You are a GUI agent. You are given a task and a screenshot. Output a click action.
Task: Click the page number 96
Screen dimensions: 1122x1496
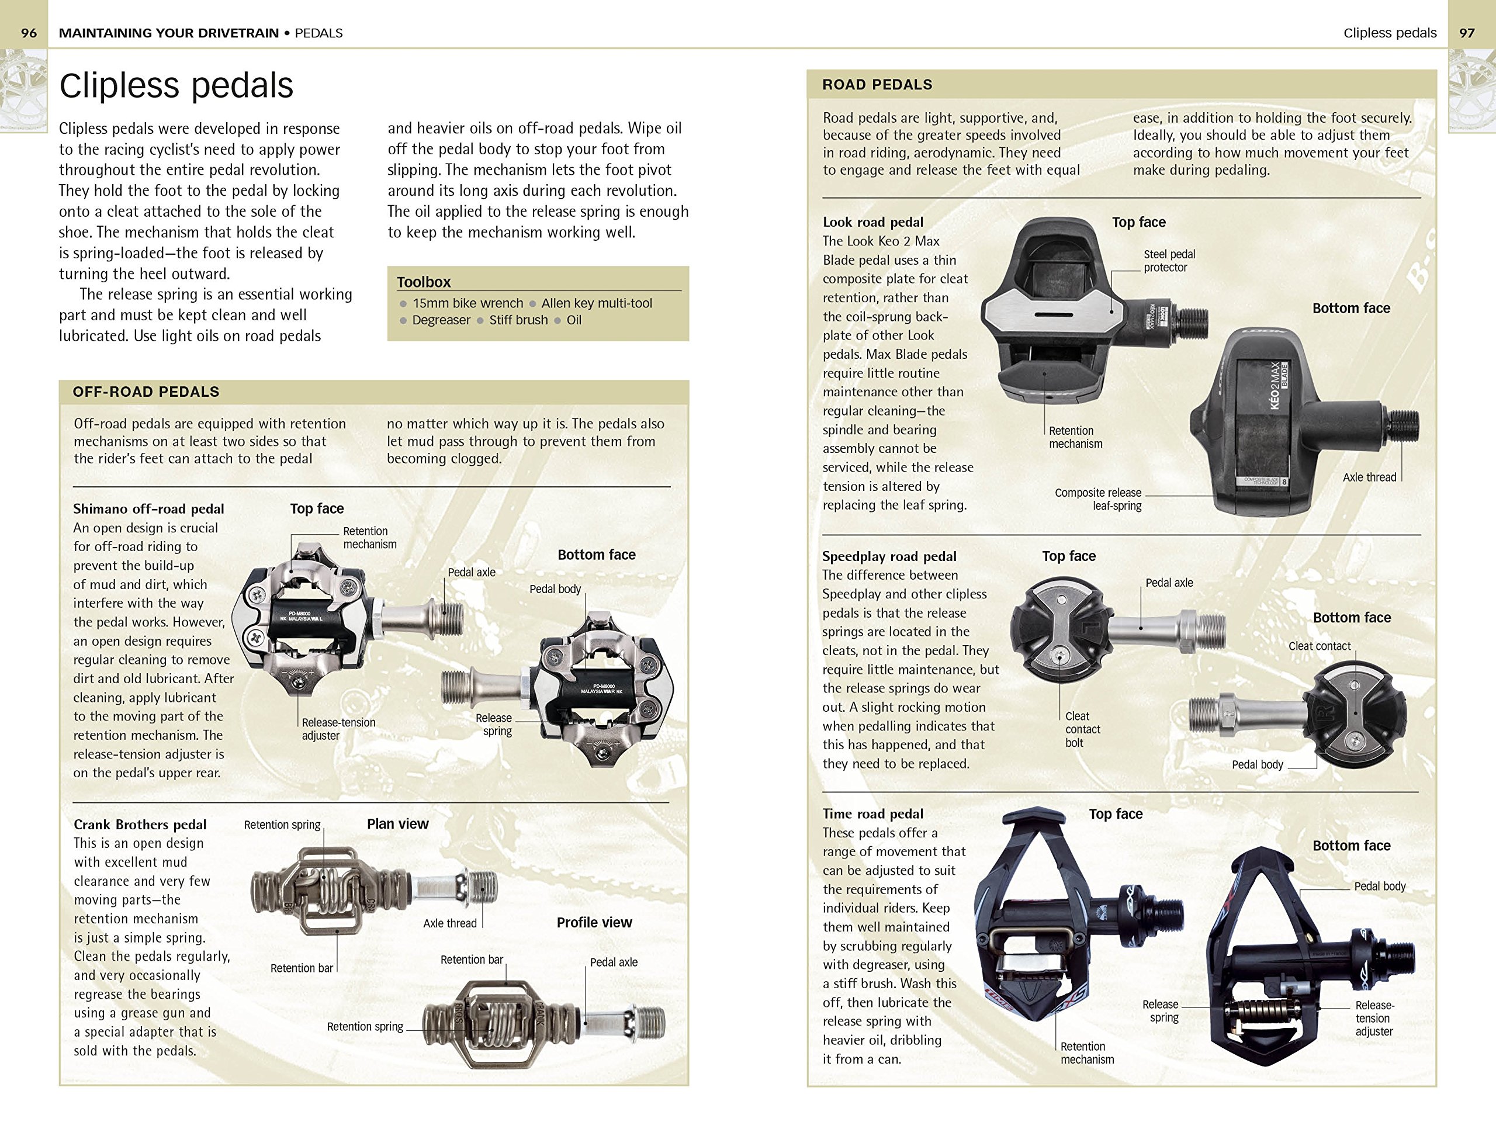[29, 33]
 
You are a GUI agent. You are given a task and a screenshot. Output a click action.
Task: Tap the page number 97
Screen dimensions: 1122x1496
[1466, 33]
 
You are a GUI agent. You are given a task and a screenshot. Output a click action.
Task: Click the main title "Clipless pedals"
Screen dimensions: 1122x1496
[176, 86]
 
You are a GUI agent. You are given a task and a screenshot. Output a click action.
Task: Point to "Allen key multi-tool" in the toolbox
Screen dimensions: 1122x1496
[596, 303]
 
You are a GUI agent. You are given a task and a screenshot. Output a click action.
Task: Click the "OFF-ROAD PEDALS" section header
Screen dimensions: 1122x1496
[146, 392]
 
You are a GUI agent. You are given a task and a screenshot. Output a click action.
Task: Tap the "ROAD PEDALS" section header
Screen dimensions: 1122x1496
[877, 85]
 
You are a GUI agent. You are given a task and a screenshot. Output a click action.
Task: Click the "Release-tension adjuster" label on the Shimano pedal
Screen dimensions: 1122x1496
[338, 728]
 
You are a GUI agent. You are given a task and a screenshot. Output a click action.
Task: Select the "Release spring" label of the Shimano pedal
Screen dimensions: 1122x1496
[494, 724]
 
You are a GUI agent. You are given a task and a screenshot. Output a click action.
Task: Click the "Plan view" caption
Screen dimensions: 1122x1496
[398, 824]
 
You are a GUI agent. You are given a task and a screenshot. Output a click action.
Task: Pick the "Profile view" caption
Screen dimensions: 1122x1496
[594, 923]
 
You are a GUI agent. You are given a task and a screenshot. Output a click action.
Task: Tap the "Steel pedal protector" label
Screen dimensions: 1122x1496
[1169, 261]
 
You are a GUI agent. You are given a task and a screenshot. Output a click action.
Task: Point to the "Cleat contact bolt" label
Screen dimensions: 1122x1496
[1082, 729]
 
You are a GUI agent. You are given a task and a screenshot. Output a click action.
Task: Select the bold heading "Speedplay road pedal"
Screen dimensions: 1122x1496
[889, 556]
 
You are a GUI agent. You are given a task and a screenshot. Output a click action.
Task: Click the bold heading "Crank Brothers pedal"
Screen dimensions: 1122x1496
[140, 825]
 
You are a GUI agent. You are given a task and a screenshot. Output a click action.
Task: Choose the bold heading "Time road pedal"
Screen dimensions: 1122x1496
[872, 813]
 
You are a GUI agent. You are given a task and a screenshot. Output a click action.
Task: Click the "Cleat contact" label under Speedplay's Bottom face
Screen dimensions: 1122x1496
[1319, 646]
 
